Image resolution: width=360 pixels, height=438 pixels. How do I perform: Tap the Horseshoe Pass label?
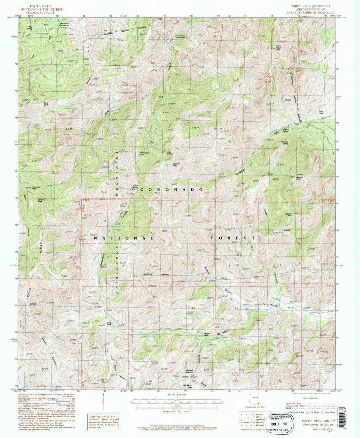pos(142,154)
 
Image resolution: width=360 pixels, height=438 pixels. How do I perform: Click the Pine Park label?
pos(46,104)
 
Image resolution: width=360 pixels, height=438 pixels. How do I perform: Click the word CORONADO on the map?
pos(172,189)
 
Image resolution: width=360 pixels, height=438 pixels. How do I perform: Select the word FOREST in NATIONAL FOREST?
pos(233,238)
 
